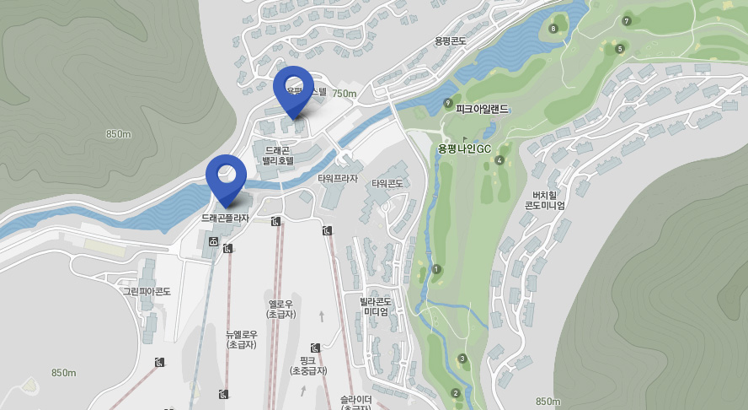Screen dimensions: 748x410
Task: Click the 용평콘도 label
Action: [450, 40]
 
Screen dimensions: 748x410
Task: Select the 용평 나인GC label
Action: [464, 148]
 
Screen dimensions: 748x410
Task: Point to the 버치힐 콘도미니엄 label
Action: [544, 199]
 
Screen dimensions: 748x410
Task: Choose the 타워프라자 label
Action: [338, 179]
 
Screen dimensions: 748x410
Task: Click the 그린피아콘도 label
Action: [147, 291]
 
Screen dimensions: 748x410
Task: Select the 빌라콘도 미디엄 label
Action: [376, 306]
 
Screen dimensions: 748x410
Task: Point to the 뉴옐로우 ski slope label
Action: [241, 339]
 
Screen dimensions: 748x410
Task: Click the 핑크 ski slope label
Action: [307, 365]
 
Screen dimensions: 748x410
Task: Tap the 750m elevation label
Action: [344, 94]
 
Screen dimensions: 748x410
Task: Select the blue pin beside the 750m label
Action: [293, 88]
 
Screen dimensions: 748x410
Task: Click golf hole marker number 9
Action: [448, 103]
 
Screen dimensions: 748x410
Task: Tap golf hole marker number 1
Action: [436, 269]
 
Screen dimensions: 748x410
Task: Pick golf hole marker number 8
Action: [553, 29]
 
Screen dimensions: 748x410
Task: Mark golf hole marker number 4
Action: [500, 160]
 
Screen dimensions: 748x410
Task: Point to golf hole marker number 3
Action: [462, 359]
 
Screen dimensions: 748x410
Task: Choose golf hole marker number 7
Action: [626, 21]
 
